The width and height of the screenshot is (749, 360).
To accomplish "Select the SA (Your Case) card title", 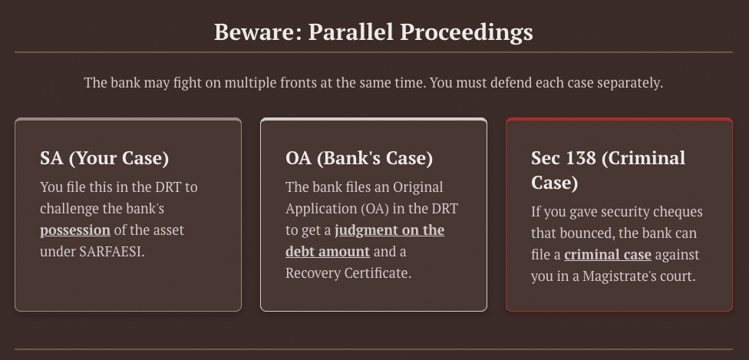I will (x=104, y=158).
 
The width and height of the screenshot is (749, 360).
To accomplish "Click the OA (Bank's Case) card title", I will (x=359, y=158).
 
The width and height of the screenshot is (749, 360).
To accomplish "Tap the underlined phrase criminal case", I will (x=608, y=254).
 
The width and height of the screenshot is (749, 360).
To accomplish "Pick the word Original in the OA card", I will (x=417, y=187).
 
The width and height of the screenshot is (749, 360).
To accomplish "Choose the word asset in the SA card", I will (x=168, y=230).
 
